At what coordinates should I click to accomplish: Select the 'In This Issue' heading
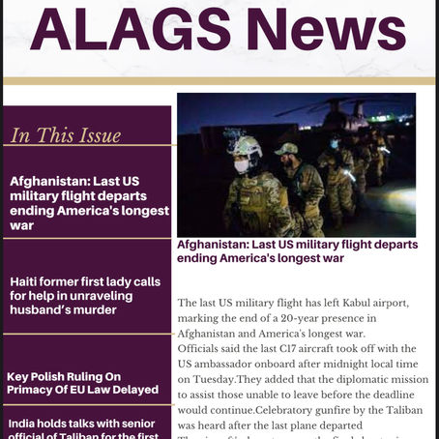coord(66,135)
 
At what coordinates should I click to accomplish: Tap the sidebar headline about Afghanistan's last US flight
coord(89,203)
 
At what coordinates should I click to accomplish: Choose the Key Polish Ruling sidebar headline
coord(82,383)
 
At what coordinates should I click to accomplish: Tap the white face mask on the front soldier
coord(241,165)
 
